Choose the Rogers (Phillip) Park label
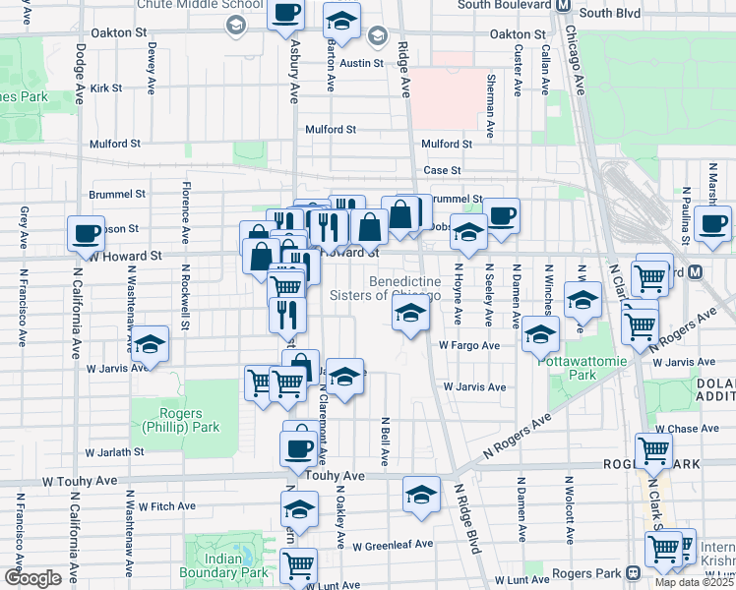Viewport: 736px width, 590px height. [176, 420]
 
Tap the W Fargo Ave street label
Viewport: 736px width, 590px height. [469, 346]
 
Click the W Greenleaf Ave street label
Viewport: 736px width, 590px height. [393, 545]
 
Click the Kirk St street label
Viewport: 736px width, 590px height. [105, 88]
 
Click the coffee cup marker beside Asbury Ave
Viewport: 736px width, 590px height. [285, 14]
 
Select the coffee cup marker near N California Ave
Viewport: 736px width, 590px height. [86, 234]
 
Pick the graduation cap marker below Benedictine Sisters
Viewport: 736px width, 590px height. [409, 315]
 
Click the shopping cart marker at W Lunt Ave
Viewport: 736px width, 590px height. [298, 565]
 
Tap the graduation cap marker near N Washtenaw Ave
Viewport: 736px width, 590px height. [150, 344]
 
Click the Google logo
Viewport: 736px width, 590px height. [33, 578]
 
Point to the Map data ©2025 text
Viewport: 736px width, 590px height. [695, 582]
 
